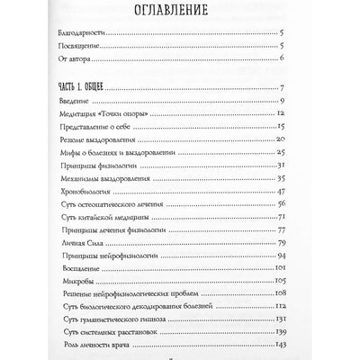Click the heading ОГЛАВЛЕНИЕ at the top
point(182,13)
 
